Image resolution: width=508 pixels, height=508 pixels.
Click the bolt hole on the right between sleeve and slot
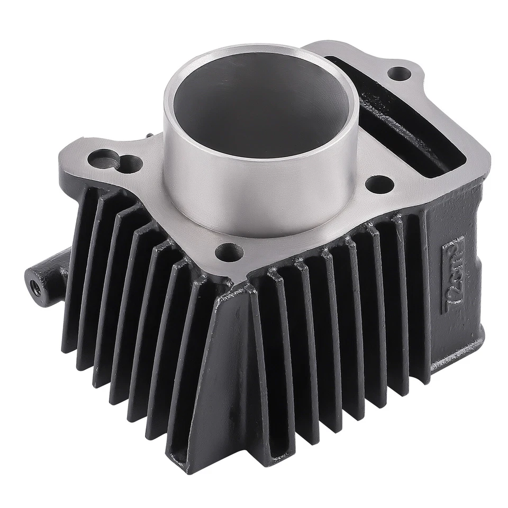[379, 183]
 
